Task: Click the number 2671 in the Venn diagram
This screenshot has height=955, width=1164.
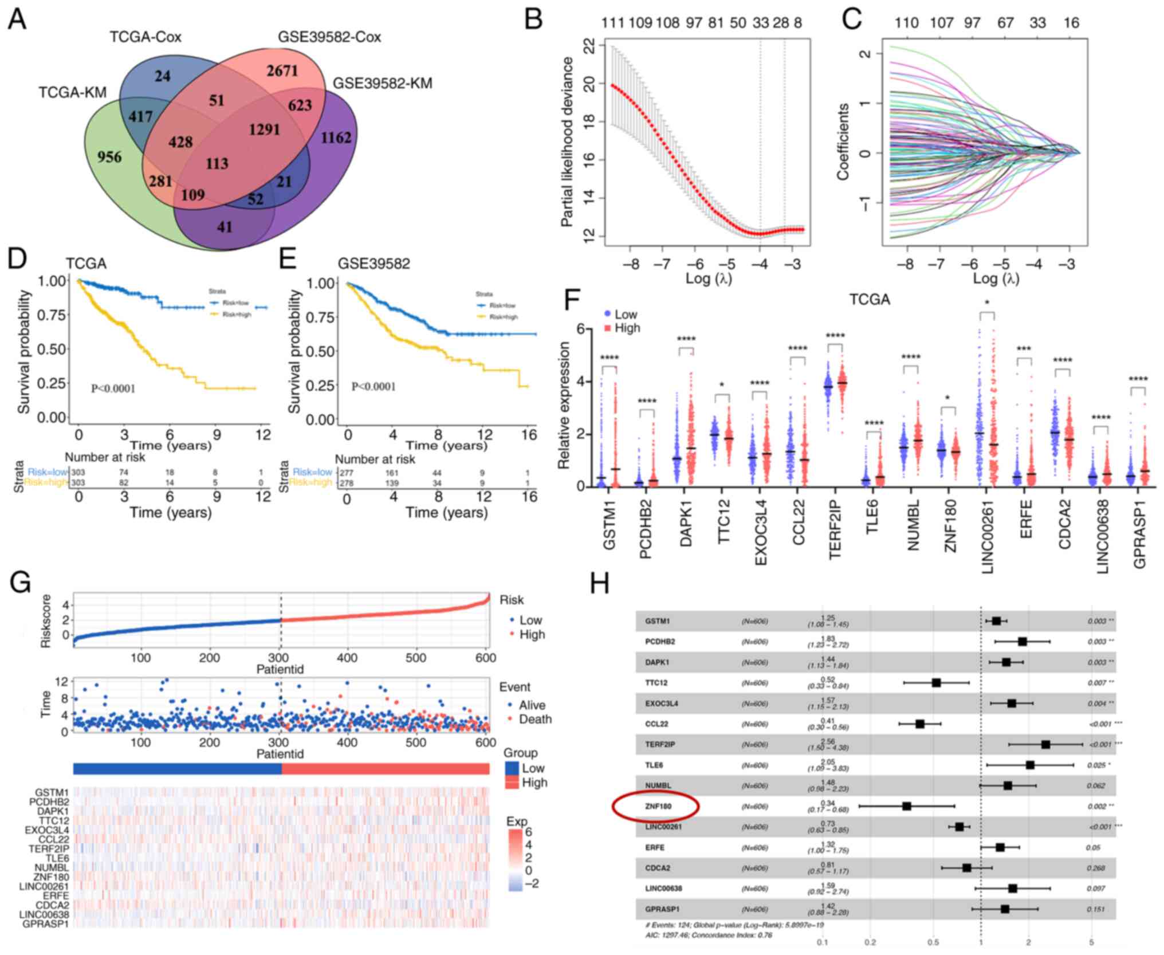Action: click(x=282, y=71)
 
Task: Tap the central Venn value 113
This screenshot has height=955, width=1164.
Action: click(x=217, y=164)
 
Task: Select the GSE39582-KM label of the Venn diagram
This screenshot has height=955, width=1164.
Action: click(x=382, y=84)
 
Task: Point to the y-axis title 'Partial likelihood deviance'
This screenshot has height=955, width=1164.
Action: click(x=567, y=142)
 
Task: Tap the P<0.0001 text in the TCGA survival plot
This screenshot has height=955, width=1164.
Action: click(x=113, y=388)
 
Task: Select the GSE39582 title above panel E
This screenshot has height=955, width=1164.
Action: click(x=373, y=264)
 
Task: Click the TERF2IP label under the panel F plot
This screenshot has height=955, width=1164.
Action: click(x=836, y=531)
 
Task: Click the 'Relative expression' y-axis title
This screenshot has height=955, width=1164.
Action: click(x=565, y=405)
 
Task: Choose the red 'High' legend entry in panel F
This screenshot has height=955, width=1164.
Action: click(x=622, y=328)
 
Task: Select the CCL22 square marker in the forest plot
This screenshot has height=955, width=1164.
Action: click(x=920, y=724)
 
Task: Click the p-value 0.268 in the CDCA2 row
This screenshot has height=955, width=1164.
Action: click(x=1096, y=868)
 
